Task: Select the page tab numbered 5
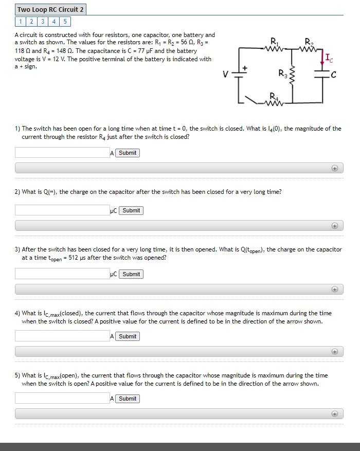[66, 21]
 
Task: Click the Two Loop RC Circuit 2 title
[50, 10]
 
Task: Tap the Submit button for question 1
[128, 153]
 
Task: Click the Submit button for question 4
[128, 336]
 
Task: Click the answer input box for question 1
[62, 153]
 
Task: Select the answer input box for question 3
[62, 274]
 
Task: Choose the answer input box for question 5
[62, 399]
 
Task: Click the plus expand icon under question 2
[334, 225]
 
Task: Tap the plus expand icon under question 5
[334, 413]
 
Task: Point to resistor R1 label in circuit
[273, 41]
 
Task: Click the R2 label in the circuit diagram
[308, 41]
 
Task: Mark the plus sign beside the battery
[245, 67]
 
